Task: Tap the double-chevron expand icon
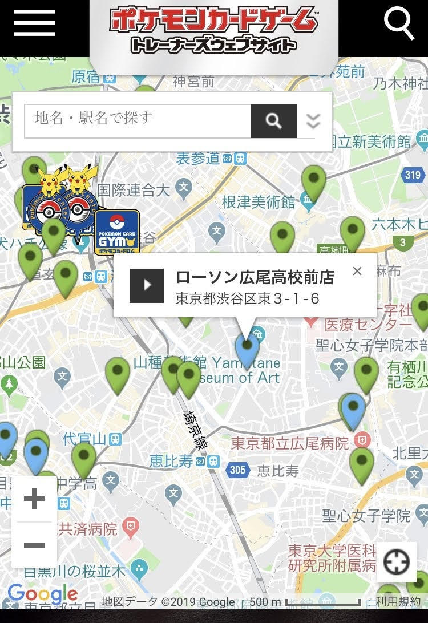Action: coord(313,120)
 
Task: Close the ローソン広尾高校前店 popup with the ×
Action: coord(357,271)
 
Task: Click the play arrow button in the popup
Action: coord(147,285)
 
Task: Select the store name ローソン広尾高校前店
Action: coord(255,278)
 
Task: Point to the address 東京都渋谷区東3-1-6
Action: coord(247,298)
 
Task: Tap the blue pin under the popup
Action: coord(247,347)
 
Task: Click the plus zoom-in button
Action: coord(34,499)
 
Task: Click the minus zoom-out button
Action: coord(34,545)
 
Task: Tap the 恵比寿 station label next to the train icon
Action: coord(171,461)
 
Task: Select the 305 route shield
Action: coord(237,470)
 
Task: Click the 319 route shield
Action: coord(413,175)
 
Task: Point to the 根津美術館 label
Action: coord(259,202)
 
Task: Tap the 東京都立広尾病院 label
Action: coord(289,443)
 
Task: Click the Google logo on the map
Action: coord(43,594)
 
